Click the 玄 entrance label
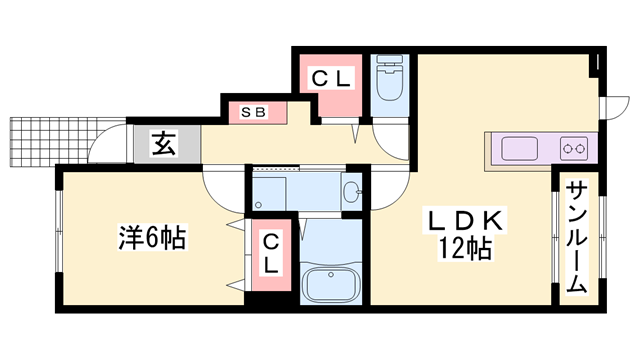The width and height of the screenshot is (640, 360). point(163,144)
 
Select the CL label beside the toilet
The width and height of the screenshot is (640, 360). point(331,78)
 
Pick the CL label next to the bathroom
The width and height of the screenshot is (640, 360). point(271,252)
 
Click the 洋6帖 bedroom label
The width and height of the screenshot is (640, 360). point(152,238)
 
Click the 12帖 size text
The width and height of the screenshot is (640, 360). point(462,250)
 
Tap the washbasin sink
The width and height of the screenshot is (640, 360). point(351,191)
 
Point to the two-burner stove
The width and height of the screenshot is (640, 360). point(574,150)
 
